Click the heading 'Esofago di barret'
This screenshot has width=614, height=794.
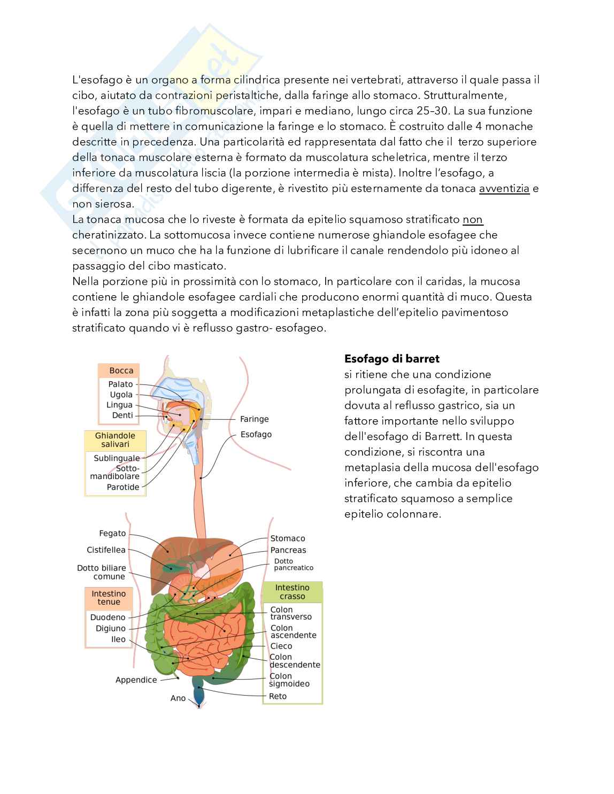click(x=392, y=358)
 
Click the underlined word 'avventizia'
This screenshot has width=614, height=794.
click(x=504, y=188)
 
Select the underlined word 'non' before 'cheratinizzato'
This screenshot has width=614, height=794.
click(x=473, y=219)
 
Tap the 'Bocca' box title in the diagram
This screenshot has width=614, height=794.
click(x=121, y=371)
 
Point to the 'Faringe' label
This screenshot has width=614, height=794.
click(x=254, y=419)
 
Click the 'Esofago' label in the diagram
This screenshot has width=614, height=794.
click(x=256, y=434)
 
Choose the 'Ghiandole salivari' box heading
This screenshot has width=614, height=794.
click(x=115, y=440)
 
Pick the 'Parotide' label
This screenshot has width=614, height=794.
click(x=122, y=487)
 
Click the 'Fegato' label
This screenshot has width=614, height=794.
click(x=112, y=533)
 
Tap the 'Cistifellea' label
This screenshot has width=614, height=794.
click(x=106, y=550)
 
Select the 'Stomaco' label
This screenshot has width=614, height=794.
click(x=287, y=538)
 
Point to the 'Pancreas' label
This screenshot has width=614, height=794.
click(x=288, y=550)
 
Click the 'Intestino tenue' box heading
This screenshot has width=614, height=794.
click(x=109, y=598)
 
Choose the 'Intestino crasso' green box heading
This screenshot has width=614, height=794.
click(x=292, y=592)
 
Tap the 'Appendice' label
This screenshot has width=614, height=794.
click(x=136, y=680)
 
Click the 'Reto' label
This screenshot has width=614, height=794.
click(x=278, y=696)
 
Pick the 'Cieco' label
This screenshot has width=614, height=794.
click(x=281, y=646)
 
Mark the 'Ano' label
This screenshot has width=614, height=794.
click(x=178, y=698)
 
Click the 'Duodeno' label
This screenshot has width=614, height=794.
click(x=108, y=617)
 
